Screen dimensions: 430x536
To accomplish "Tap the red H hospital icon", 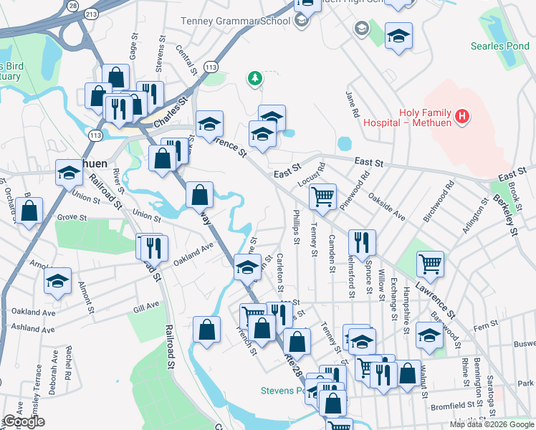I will coord(463,115).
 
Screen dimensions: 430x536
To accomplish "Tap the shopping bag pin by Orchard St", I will coord(29,211).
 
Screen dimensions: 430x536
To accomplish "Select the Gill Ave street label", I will coord(145,306).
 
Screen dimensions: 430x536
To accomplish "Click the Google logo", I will coord(24,421).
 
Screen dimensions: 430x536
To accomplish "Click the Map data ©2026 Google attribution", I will coord(492,424).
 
